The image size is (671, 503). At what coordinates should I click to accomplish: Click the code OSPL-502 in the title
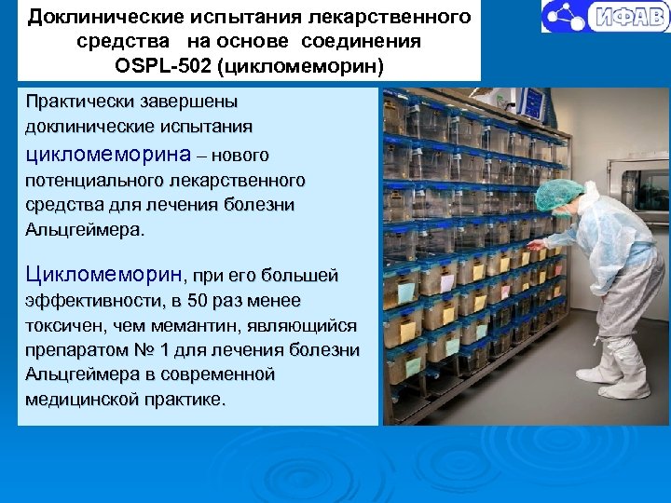coord(165,66)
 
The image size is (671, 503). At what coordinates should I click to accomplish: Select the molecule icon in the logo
coord(562,16)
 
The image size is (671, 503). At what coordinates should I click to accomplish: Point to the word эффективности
coord(92,301)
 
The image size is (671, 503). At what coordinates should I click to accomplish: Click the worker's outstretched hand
coord(533,244)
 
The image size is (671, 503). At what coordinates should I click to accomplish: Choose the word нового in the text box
coord(246,154)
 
